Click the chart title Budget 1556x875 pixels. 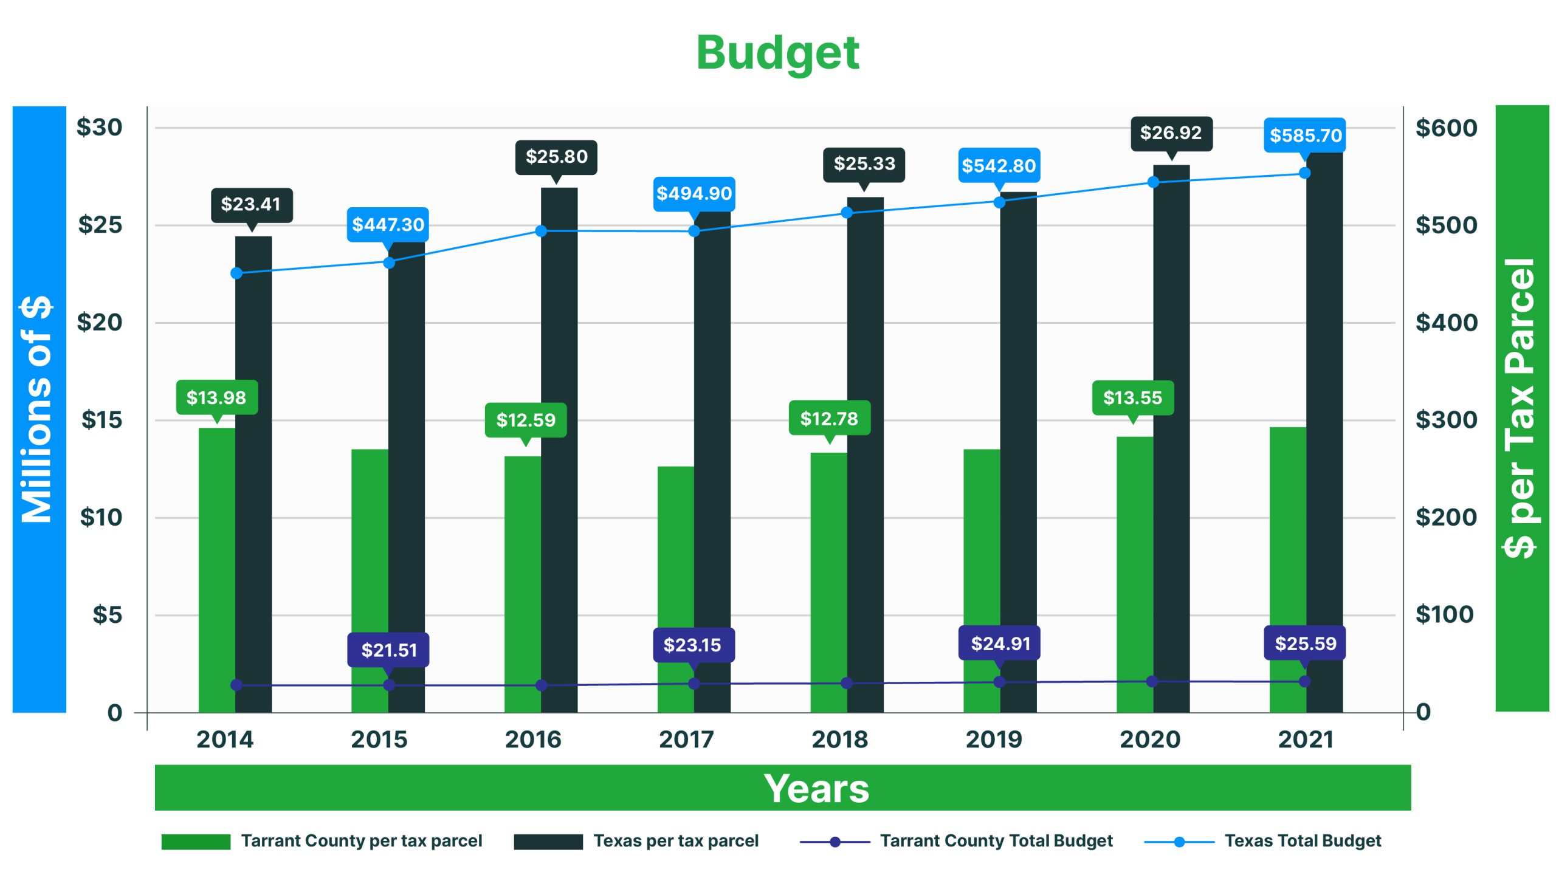[x=777, y=53]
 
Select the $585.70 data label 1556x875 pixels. [x=1305, y=135]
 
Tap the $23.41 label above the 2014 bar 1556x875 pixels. [x=251, y=204]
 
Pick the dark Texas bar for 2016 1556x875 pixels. [x=559, y=450]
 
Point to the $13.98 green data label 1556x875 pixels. [x=216, y=397]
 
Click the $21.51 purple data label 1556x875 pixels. [x=388, y=650]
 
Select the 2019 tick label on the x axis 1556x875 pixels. [x=994, y=739]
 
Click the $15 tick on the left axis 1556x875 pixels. [x=102, y=420]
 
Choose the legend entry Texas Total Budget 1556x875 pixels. [x=1303, y=841]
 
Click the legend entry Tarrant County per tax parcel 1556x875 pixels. [x=361, y=841]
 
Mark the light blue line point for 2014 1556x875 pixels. [x=236, y=273]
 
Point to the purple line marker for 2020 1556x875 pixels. [x=1152, y=681]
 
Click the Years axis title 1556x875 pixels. [x=816, y=789]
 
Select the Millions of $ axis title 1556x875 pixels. [x=38, y=409]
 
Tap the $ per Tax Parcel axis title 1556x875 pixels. [x=1520, y=408]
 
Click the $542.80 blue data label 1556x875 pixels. [x=999, y=165]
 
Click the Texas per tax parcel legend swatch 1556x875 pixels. [x=548, y=842]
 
